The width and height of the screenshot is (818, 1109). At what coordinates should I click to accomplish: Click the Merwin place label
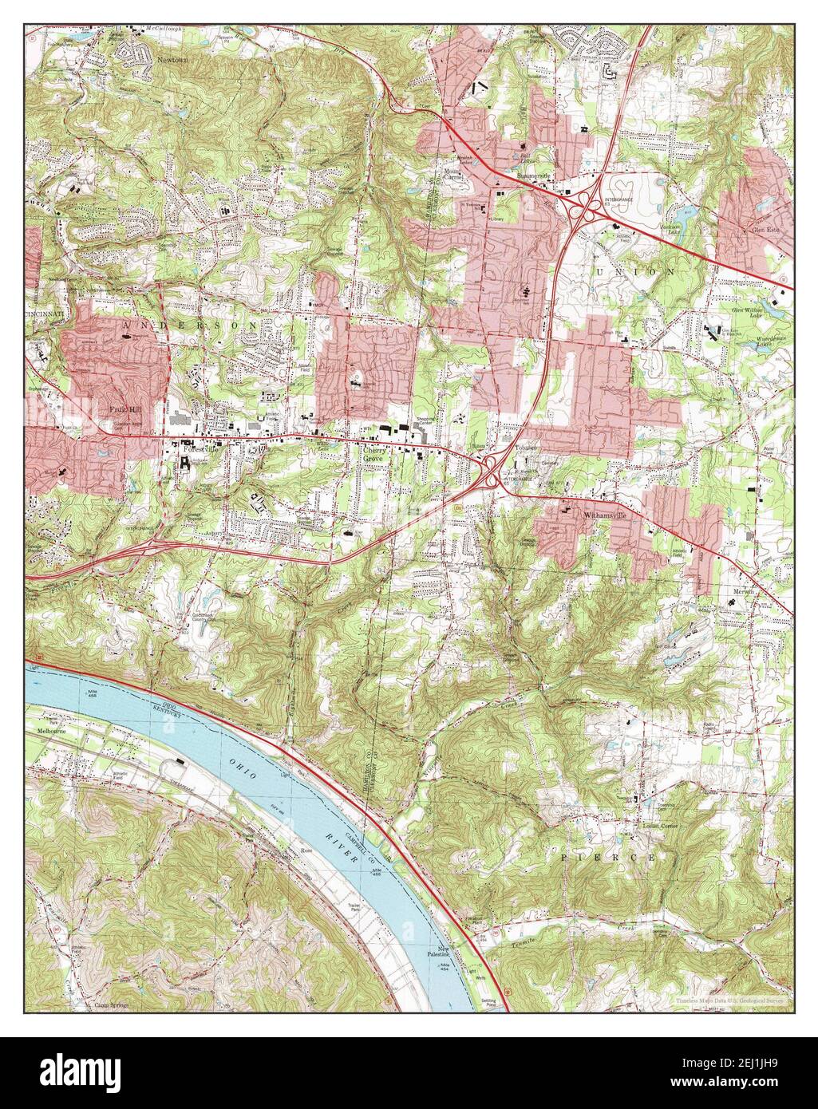pos(745,591)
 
